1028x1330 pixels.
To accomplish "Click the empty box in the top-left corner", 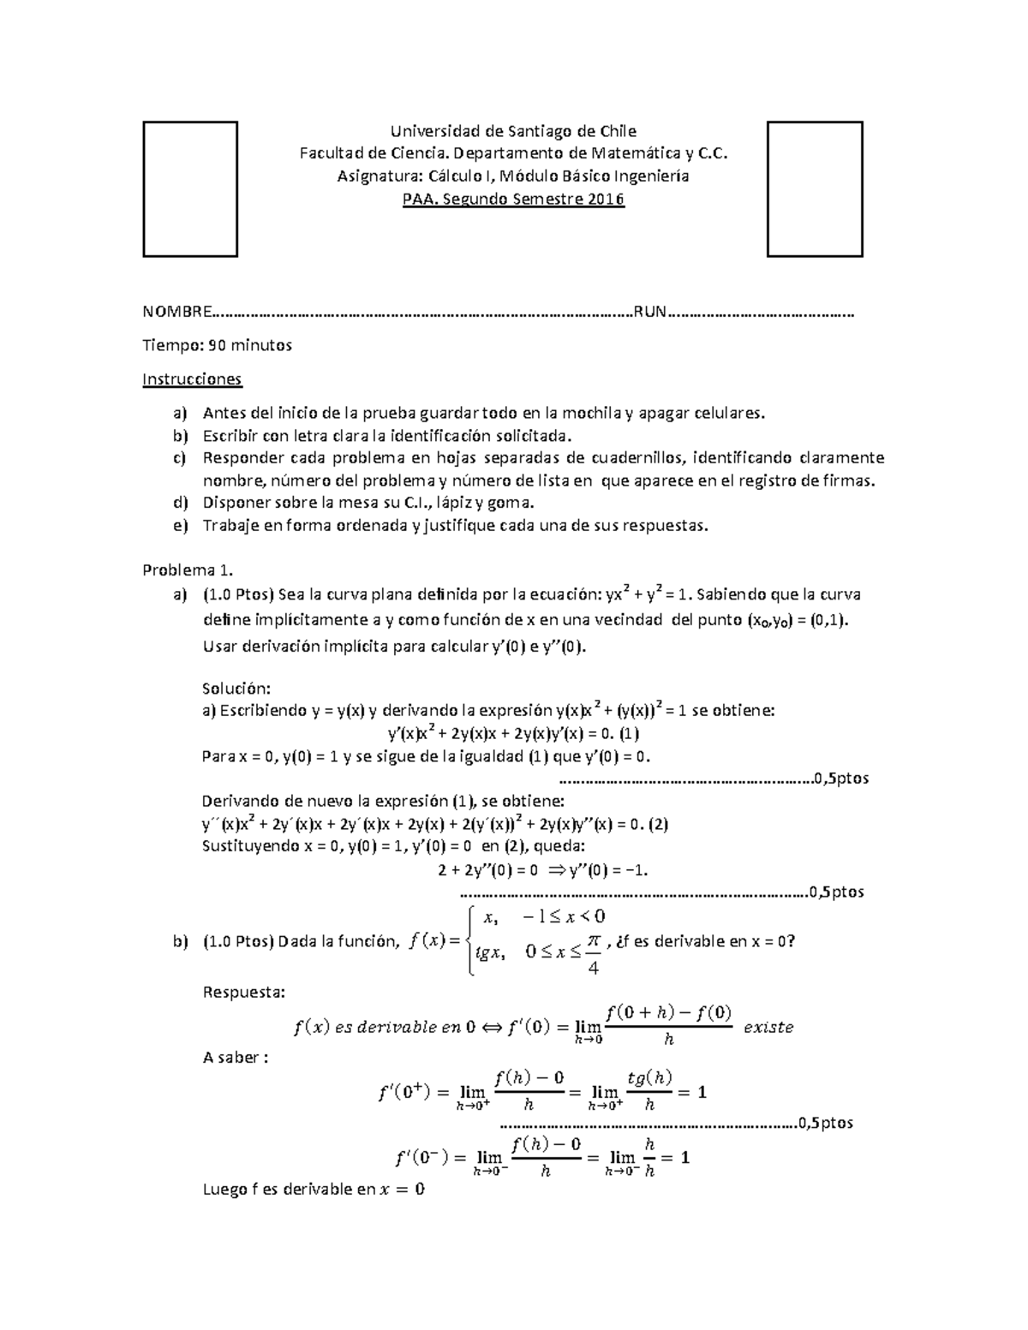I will coord(189,189).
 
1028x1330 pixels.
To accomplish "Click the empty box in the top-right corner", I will coord(814,189).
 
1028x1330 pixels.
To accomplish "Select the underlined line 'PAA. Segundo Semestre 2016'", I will coord(513,200).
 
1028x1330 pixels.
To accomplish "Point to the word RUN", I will coord(649,312).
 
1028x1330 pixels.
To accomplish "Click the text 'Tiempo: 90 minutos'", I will coord(217,345).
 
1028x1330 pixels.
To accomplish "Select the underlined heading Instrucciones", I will coord(192,379).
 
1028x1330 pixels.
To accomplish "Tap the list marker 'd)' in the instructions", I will coord(179,503).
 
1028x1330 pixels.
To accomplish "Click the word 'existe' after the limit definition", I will coord(768,1027).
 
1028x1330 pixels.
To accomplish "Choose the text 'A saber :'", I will coord(235,1058).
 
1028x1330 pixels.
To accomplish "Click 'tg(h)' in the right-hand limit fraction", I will coord(649,1078).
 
